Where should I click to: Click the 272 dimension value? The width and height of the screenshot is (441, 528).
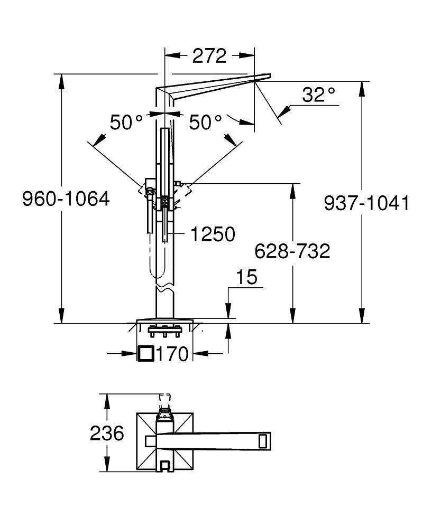tap(209, 55)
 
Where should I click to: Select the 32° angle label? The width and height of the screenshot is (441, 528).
tap(319, 95)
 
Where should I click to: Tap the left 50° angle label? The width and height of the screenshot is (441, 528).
tap(126, 123)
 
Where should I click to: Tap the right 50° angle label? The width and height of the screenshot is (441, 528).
tap(205, 123)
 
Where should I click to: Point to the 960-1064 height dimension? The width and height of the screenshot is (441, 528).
tap(66, 199)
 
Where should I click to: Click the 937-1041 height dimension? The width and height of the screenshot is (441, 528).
tap(366, 203)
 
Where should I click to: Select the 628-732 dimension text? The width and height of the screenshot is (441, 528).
tap(292, 251)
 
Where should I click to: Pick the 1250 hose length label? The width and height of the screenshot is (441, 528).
tap(212, 234)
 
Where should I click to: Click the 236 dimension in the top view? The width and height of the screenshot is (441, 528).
tap(107, 433)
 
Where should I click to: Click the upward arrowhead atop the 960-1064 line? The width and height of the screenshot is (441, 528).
tap(62, 79)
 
